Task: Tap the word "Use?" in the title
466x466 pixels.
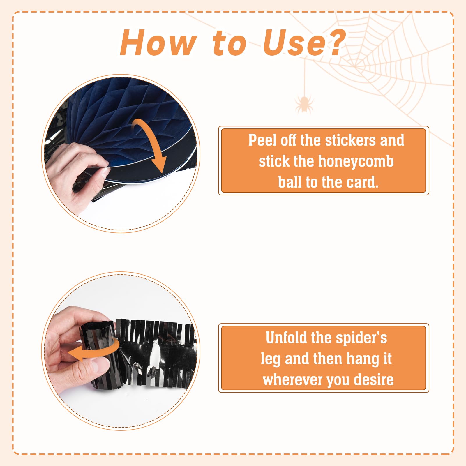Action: coord(304,43)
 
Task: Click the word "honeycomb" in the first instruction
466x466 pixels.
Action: coord(356,162)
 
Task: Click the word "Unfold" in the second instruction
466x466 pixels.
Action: coord(286,338)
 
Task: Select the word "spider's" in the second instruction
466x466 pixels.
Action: coord(361,338)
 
